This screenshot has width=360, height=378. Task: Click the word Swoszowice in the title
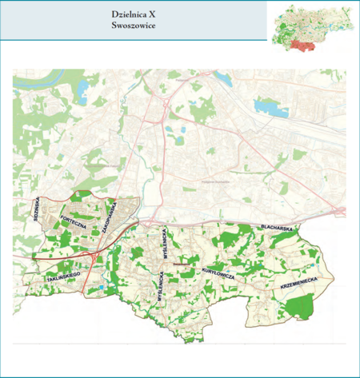pyautogui.click(x=134, y=26)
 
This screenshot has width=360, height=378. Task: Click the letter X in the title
pyautogui.click(x=152, y=14)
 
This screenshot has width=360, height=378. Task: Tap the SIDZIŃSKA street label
pyautogui.click(x=36, y=209)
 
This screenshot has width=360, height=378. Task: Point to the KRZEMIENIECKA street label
pyautogui.click(x=299, y=281)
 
